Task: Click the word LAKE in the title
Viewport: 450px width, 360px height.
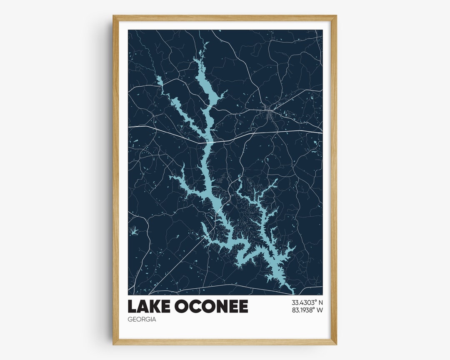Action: tap(149, 306)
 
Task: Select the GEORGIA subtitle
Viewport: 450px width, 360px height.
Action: tap(142, 320)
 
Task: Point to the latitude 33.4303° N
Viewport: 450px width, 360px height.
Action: tap(307, 302)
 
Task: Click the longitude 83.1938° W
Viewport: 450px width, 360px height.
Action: tap(307, 310)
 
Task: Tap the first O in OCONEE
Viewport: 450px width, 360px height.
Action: tap(182, 306)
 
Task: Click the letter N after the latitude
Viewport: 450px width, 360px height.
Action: tap(320, 302)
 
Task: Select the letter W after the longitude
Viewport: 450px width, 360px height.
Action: tap(320, 310)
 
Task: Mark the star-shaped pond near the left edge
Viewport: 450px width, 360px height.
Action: tap(133, 231)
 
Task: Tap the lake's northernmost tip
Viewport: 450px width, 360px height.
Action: tap(205, 43)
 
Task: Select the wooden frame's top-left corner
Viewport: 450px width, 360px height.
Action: tap(114, 16)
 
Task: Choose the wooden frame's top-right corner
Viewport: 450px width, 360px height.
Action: tap(336, 16)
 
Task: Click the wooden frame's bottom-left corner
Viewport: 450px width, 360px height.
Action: tap(114, 344)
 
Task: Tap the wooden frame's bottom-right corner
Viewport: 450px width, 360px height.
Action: tap(336, 344)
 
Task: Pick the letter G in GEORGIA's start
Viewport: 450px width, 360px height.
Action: tap(130, 320)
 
